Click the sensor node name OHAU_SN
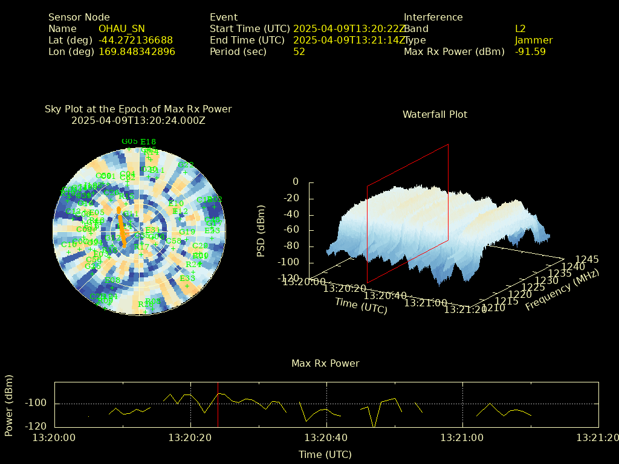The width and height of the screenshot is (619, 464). (122, 29)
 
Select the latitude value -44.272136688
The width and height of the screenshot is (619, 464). (135, 40)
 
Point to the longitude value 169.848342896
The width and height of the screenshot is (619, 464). (137, 52)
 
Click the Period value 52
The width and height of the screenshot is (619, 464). (299, 52)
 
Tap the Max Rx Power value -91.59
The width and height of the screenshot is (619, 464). (530, 52)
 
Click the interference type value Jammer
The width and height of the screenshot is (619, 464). (534, 40)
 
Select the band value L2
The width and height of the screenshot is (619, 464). (520, 29)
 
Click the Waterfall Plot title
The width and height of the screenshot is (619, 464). (435, 114)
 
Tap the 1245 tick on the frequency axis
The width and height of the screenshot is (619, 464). (587, 260)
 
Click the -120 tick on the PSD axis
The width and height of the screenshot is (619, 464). (287, 279)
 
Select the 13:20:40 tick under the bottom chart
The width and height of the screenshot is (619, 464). (327, 436)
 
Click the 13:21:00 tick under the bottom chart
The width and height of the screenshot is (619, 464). (463, 436)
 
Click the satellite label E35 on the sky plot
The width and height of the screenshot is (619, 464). (187, 279)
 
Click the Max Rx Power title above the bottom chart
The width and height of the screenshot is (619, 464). (325, 364)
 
